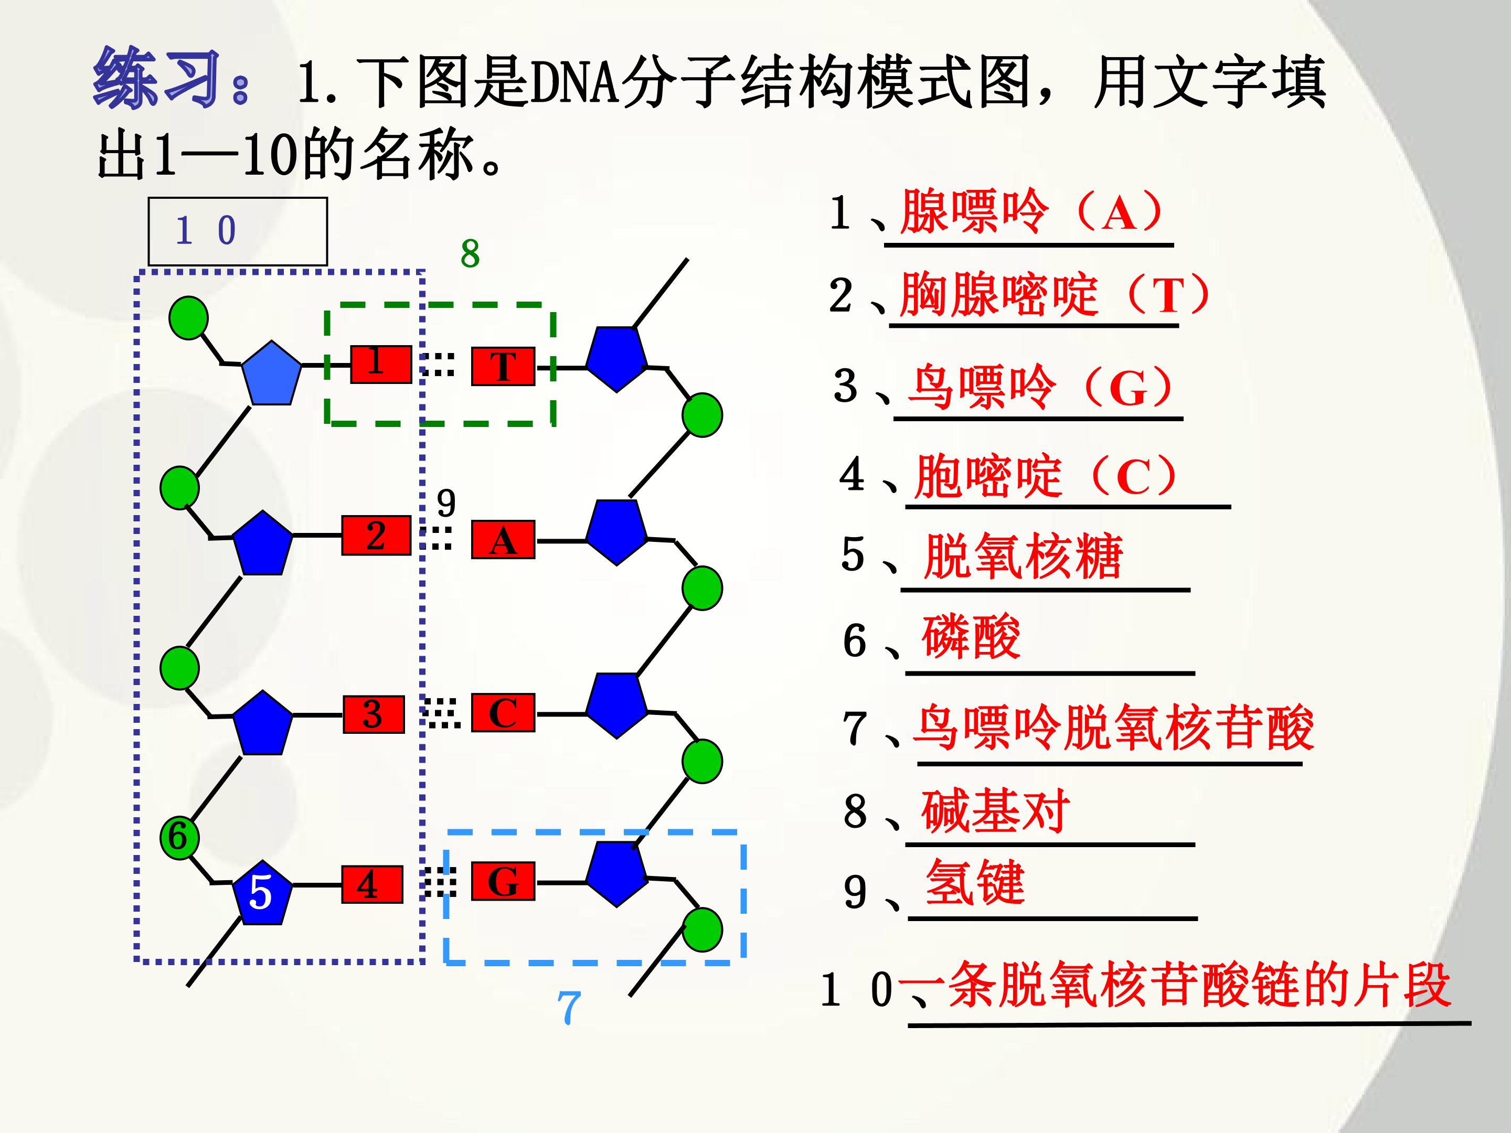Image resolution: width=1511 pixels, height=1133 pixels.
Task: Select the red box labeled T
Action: click(x=503, y=367)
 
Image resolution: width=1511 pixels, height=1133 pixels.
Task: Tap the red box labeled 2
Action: click(x=376, y=536)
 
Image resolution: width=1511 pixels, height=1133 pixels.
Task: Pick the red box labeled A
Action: click(x=503, y=540)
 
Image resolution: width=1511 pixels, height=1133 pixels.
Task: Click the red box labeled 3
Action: click(x=373, y=714)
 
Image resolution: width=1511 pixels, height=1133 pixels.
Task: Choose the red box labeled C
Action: click(x=503, y=713)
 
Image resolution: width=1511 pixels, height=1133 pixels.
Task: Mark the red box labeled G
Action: click(x=503, y=882)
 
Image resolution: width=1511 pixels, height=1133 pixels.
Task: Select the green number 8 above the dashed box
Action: click(x=470, y=254)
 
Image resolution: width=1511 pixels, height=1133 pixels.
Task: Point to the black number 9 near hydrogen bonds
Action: click(x=446, y=504)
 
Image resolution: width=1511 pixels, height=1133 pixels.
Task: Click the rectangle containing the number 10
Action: click(x=238, y=231)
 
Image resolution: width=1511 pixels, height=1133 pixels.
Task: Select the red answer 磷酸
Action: click(x=971, y=637)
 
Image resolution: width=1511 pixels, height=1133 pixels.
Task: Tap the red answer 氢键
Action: click(x=975, y=882)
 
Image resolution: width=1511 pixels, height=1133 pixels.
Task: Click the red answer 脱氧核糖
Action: click(x=1023, y=556)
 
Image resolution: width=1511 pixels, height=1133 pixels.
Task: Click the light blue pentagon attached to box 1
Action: click(x=271, y=373)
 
